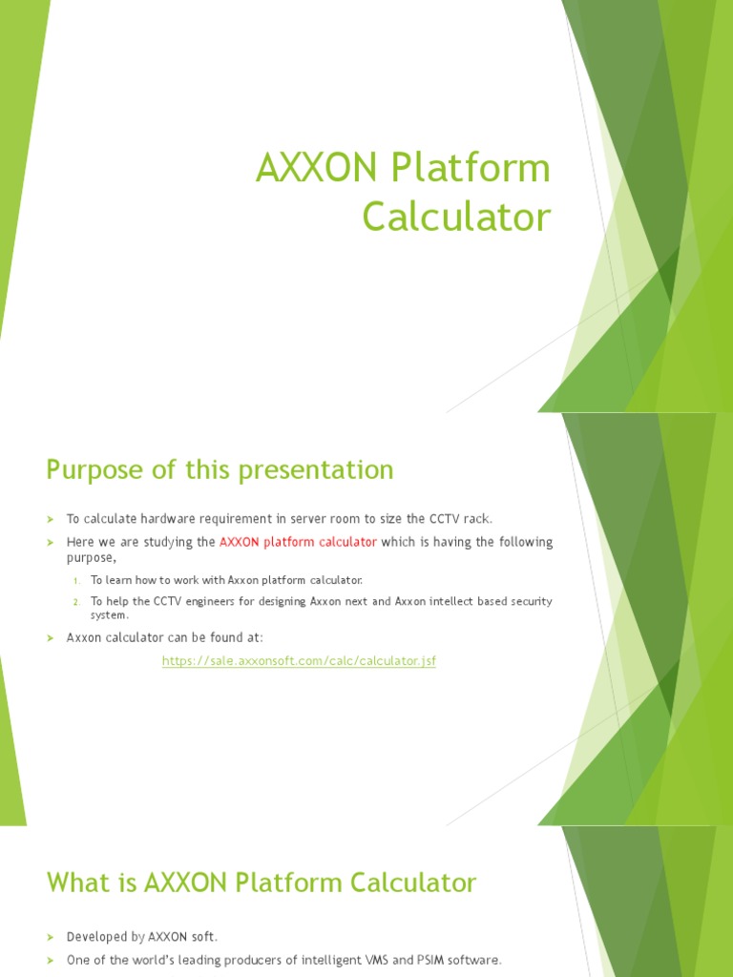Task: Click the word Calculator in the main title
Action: tap(456, 218)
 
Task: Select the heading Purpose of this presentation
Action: tap(220, 469)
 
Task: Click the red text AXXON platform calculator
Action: tap(298, 542)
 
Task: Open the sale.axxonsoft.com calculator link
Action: tap(299, 660)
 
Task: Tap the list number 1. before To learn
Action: tap(77, 580)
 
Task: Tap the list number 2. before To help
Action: tap(77, 602)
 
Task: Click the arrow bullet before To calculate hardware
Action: tap(52, 519)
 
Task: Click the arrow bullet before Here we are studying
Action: tap(52, 543)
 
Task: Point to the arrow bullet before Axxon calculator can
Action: tap(52, 637)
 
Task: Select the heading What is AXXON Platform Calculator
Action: tap(261, 883)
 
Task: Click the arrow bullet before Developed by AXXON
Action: tap(52, 937)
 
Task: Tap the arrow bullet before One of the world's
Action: tap(52, 960)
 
